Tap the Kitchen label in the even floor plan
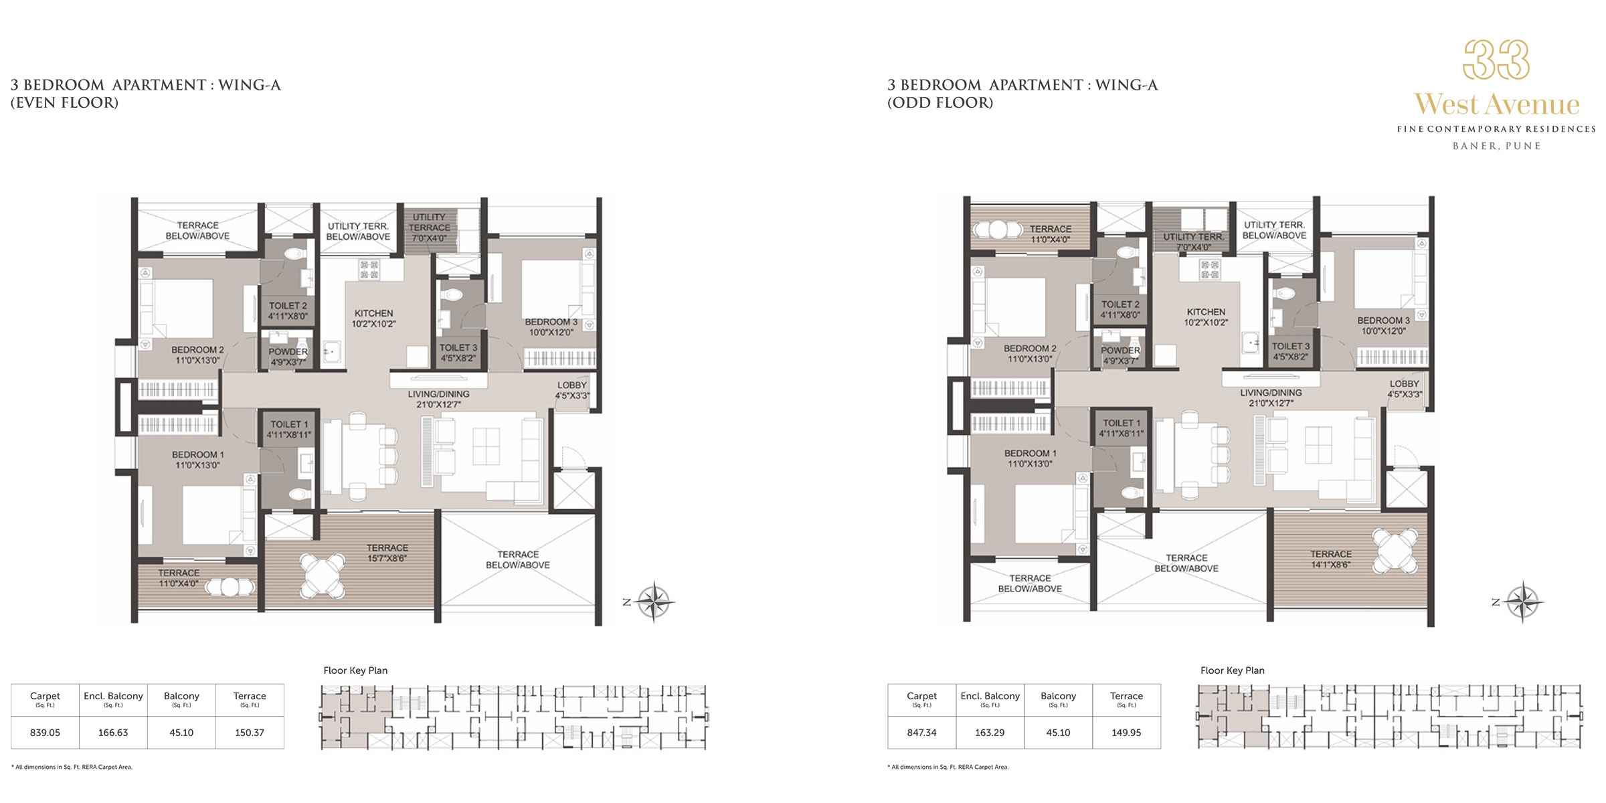coord(374,318)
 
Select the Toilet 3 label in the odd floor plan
coord(1291,351)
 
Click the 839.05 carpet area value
coord(46,733)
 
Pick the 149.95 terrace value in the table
coord(1126,733)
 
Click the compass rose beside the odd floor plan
coord(1524,602)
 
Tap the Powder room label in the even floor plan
coord(288,357)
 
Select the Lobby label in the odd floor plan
coord(1404,389)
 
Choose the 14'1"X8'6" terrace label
coord(1331,559)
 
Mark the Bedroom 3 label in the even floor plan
coord(551,327)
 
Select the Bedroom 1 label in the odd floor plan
coord(1031,458)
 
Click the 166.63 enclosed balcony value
coord(113,733)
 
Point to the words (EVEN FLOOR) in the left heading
coord(64,102)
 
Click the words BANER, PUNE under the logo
coord(1496,146)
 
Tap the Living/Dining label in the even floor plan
coord(438,399)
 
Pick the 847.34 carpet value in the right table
coord(921,733)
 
